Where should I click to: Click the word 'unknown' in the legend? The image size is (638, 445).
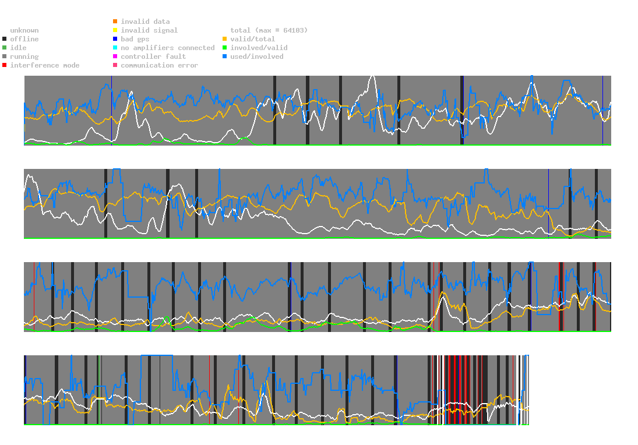tap(24, 30)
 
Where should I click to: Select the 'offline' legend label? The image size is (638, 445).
tap(24, 39)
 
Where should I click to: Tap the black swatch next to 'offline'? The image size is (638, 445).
tap(5, 39)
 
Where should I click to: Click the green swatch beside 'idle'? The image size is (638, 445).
tap(5, 48)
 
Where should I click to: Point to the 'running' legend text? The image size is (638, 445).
tap(24, 56)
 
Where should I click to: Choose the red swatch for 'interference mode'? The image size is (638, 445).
tap(5, 65)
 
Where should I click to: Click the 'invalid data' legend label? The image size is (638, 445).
tap(145, 22)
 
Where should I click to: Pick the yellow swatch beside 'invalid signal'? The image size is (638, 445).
tap(115, 30)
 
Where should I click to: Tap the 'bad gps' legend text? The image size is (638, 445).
tap(135, 39)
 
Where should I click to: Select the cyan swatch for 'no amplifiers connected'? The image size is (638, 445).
tap(115, 48)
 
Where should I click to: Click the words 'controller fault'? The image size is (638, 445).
tap(153, 56)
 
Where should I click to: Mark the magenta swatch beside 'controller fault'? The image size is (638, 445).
tap(115, 56)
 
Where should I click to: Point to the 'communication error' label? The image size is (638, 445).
tap(160, 65)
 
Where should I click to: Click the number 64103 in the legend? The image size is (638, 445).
tap(294, 30)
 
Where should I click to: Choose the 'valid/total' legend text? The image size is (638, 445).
tap(253, 39)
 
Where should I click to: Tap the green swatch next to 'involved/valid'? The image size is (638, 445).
tap(224, 48)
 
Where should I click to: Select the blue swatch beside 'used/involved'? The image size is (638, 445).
tap(224, 56)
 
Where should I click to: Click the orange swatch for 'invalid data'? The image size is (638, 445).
tap(115, 21)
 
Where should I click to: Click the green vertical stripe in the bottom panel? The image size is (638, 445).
tap(98, 390)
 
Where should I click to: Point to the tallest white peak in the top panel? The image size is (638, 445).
tap(372, 76)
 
